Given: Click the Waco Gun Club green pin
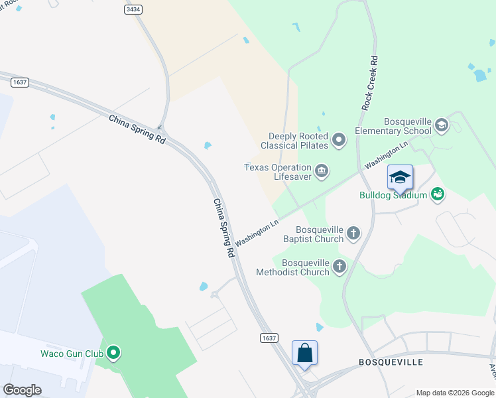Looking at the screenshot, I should [113, 353].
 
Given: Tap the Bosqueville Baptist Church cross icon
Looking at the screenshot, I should [353, 233].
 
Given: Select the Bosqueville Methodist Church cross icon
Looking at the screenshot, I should [340, 267].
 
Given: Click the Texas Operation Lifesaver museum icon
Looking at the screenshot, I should [322, 172].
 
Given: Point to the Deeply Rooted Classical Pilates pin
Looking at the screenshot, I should [339, 140].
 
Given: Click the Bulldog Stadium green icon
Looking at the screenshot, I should [437, 194].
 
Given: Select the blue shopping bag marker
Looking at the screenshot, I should [304, 352].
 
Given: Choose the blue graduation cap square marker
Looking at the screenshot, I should [400, 177].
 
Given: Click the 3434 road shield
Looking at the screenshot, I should [133, 9].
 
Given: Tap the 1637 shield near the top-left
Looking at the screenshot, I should [19, 82].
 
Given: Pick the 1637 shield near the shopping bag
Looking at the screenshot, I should [269, 338].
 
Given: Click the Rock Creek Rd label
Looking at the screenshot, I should [370, 82].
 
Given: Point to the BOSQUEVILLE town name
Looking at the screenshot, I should [391, 362].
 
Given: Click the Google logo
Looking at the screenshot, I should [22, 389].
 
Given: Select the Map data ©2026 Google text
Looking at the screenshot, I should [455, 393].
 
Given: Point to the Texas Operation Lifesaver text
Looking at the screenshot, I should [278, 172].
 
